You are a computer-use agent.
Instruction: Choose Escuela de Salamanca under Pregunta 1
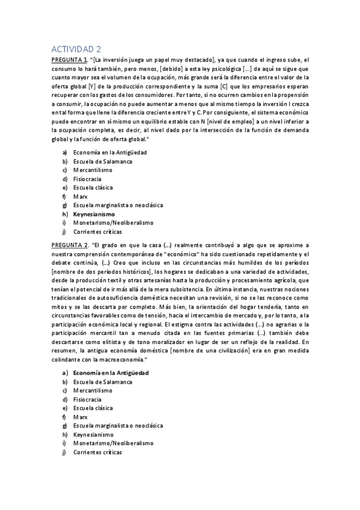[102, 162]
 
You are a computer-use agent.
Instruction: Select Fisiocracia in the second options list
[88, 399]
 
